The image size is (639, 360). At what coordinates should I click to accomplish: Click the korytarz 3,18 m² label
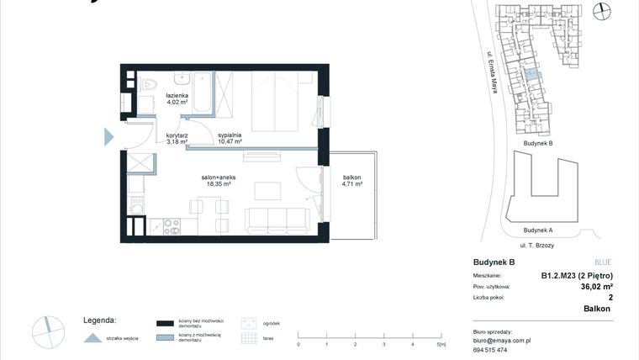click(177, 139)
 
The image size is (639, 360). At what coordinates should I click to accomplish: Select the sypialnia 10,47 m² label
click(230, 139)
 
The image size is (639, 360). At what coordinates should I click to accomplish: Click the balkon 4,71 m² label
click(352, 179)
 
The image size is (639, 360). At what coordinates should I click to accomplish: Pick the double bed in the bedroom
click(274, 101)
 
